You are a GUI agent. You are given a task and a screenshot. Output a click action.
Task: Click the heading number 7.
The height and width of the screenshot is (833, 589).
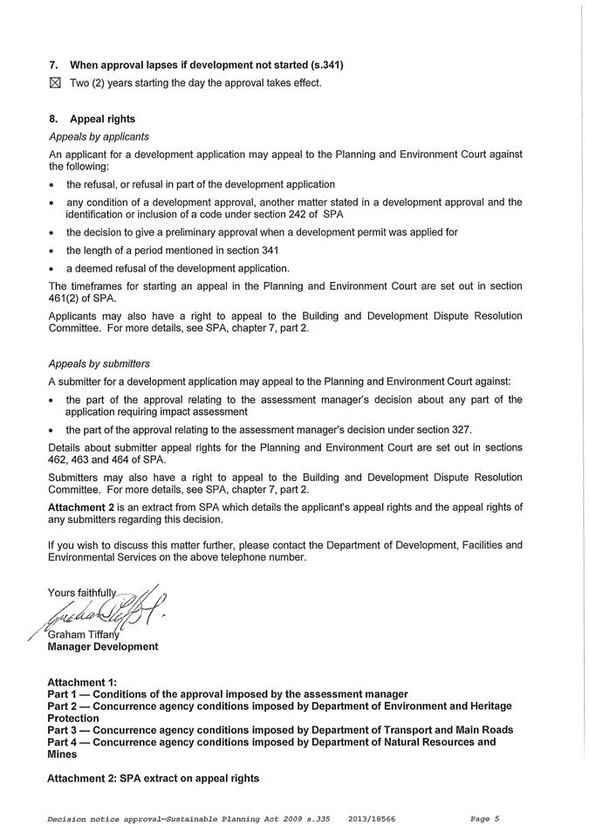pyautogui.click(x=53, y=65)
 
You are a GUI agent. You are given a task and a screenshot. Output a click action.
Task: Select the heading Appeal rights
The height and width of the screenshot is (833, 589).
pyautogui.click(x=102, y=119)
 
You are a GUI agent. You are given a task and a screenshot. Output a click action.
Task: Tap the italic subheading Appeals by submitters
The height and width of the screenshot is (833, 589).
pyautogui.click(x=99, y=363)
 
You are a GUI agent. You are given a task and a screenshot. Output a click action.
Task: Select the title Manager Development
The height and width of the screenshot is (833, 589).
pyautogui.click(x=102, y=647)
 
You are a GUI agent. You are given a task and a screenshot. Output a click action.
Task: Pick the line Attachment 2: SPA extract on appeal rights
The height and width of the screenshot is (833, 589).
pyautogui.click(x=153, y=778)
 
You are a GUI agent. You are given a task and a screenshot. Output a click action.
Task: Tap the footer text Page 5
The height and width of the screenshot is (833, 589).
pyautogui.click(x=484, y=819)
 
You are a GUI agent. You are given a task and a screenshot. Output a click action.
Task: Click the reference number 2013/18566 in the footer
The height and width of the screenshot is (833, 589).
pyautogui.click(x=371, y=819)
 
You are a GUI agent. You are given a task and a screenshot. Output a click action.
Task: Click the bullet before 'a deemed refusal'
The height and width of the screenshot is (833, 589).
pyautogui.click(x=53, y=268)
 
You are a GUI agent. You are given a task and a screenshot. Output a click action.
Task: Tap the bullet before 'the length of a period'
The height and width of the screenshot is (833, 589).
pyautogui.click(x=53, y=250)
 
